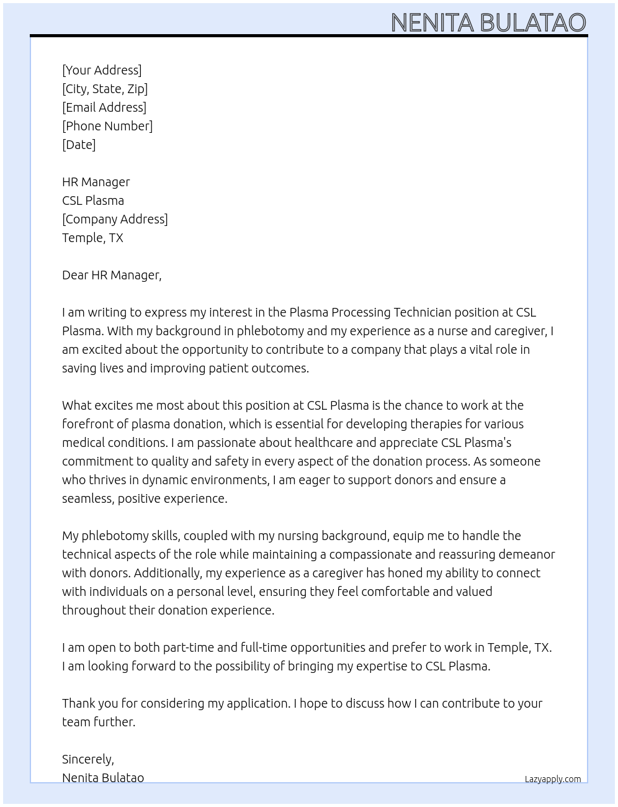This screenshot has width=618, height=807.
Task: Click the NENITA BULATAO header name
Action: pyautogui.click(x=488, y=23)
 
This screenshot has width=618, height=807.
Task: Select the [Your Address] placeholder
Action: pyautogui.click(x=102, y=70)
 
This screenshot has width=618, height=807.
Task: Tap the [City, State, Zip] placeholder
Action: pyautogui.click(x=105, y=89)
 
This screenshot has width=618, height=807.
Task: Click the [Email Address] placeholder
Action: pyautogui.click(x=104, y=107)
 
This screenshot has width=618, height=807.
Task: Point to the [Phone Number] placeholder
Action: pyautogui.click(x=107, y=126)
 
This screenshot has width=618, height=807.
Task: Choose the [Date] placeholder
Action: pyautogui.click(x=79, y=145)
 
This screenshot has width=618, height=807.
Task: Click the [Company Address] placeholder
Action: pyautogui.click(x=115, y=219)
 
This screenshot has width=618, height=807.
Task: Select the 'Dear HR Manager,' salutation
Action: pyautogui.click(x=112, y=275)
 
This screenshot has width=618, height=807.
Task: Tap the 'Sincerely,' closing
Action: pyautogui.click(x=88, y=759)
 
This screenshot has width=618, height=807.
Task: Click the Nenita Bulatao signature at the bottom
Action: pyautogui.click(x=103, y=778)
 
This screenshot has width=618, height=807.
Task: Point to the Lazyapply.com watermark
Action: pyautogui.click(x=553, y=779)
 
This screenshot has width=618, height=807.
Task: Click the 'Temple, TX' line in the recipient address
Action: pyautogui.click(x=92, y=238)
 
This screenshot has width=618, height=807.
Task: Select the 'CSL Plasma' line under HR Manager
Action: pyautogui.click(x=93, y=201)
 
